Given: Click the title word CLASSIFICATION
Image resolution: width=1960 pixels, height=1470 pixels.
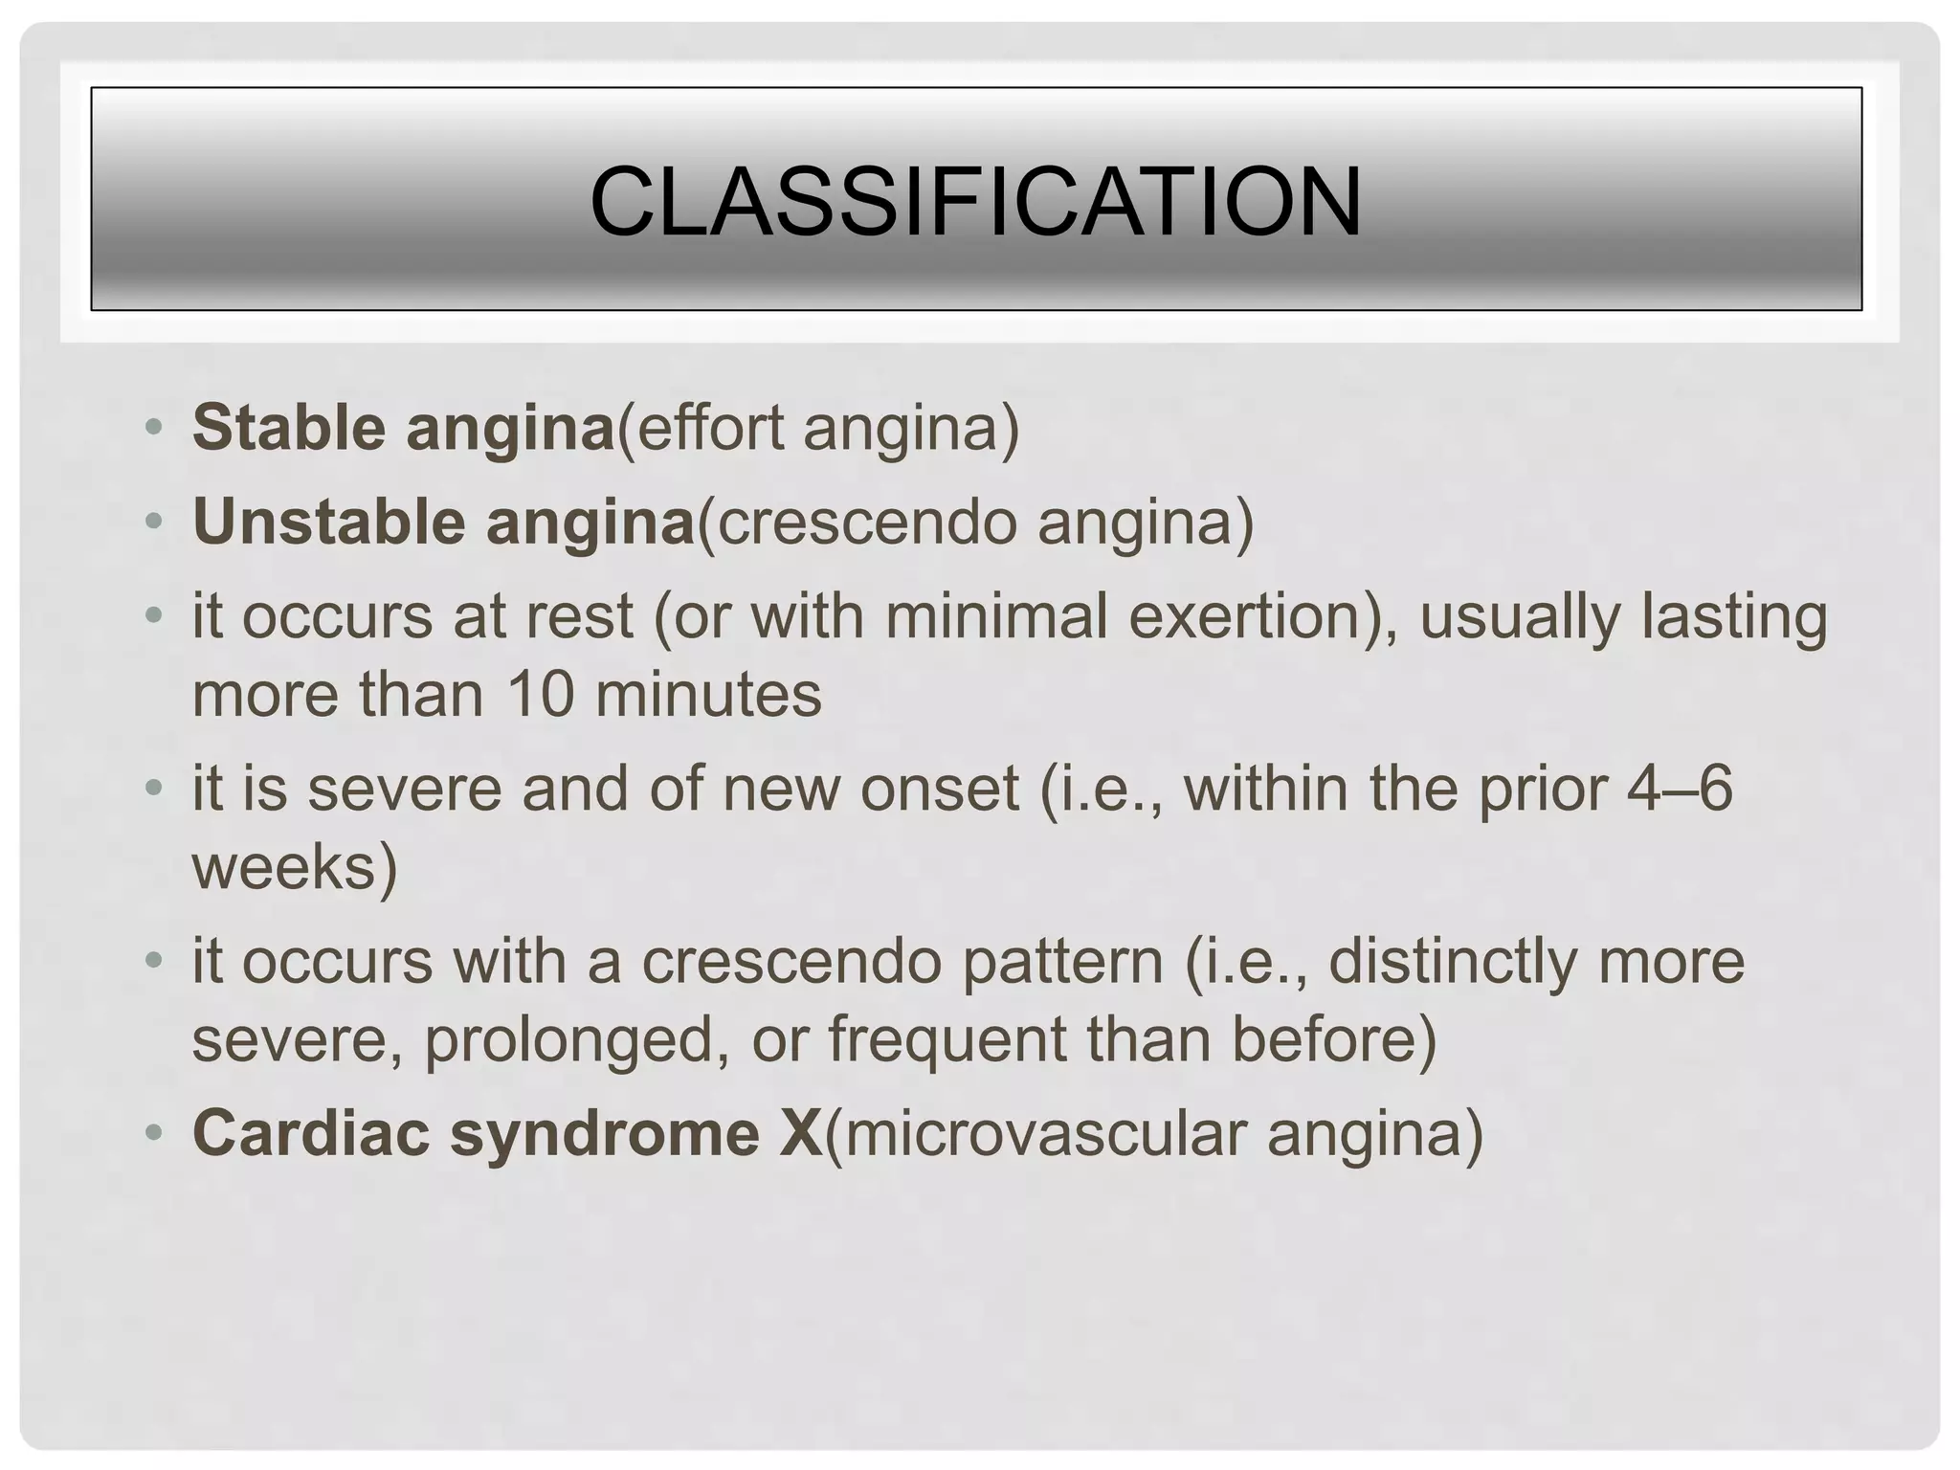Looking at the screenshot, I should coord(975,202).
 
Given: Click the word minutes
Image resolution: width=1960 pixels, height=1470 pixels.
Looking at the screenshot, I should coord(708,694).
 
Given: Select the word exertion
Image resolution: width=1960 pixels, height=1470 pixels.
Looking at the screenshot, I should coord(1251,615).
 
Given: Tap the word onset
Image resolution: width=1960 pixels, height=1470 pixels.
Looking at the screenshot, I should coord(939,789).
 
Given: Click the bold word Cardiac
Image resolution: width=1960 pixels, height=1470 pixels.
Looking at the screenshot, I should coord(310,1132).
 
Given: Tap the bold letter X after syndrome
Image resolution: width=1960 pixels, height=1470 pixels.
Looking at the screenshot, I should coord(800,1132).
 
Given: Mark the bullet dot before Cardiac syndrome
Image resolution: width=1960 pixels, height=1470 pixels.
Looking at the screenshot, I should coord(153,1132).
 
